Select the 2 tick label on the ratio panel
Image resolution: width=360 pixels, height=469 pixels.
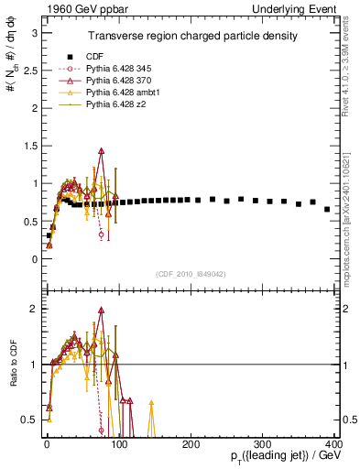(33, 309)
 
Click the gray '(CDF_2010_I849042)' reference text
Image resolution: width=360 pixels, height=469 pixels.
(190, 274)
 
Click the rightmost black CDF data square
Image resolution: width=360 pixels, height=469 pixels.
(327, 209)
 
